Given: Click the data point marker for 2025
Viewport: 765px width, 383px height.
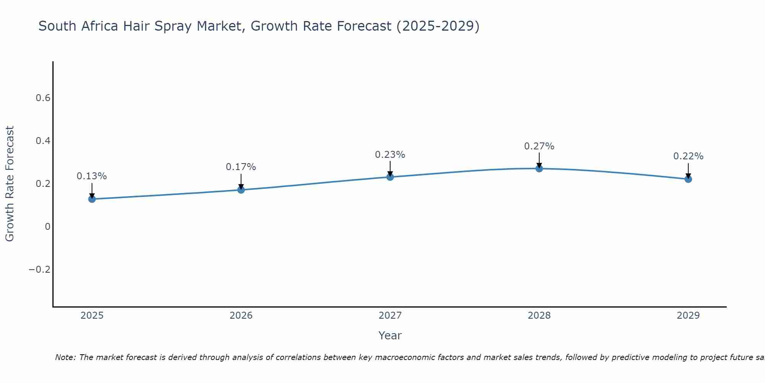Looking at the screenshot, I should pos(92,199).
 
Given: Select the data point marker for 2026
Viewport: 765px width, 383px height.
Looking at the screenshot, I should pos(241,190).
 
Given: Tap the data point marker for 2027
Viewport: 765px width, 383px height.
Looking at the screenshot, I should pos(390,177).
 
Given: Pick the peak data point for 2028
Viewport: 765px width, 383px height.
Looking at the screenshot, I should pos(539,169).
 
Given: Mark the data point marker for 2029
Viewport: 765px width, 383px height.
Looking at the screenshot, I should pos(688,179).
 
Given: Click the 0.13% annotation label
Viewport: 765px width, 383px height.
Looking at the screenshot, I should pos(92,176).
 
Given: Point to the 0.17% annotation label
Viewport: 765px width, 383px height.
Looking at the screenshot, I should pos(241,167).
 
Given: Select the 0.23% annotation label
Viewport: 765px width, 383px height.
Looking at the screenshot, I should pos(390,155).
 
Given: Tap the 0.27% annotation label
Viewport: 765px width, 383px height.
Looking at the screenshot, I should pos(539,146).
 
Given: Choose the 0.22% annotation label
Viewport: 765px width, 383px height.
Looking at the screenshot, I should pos(688,156).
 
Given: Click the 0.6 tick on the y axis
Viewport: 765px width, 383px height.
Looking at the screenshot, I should pos(43,98).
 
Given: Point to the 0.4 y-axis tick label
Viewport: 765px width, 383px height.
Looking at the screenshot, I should pos(43,141).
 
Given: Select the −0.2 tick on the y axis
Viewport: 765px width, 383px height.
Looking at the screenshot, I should pos(39,270).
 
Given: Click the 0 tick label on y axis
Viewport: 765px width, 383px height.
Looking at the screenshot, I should pos(47,227).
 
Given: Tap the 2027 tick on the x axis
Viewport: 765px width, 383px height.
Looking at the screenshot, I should pos(390,316).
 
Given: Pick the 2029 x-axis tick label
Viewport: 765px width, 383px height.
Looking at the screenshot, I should pos(688,316).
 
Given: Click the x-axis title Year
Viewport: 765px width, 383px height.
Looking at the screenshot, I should pos(390,336).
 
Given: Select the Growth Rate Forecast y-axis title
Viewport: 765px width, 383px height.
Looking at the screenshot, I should pos(10,184).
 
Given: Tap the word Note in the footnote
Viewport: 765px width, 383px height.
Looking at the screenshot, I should pos(65,357).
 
